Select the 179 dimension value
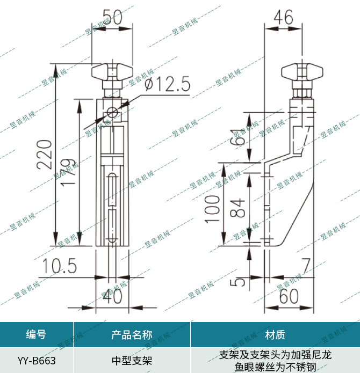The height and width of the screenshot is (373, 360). point(68,172)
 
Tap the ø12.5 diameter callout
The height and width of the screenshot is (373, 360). point(168,84)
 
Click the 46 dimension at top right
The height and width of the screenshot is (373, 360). point(283,17)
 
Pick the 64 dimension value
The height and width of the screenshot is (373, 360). point(237,141)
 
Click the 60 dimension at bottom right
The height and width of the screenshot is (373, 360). point(289,296)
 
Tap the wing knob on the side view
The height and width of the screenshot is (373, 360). point(304,71)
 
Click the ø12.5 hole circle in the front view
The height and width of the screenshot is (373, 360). point(112,113)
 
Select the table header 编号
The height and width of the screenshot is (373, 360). point(36,335)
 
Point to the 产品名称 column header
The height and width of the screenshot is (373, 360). point(132,335)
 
